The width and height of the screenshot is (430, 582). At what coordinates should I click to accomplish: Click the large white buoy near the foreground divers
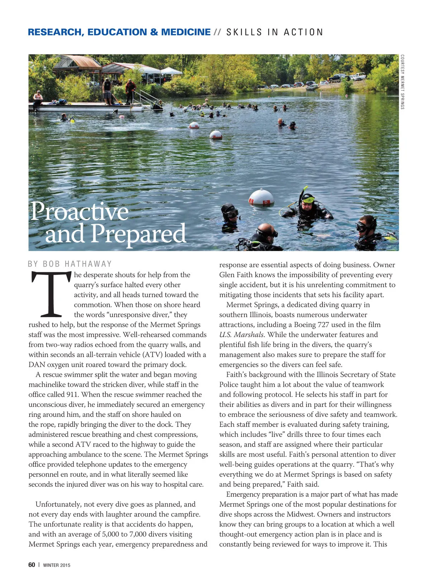262,197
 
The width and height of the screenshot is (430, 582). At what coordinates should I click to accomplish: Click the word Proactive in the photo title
80,212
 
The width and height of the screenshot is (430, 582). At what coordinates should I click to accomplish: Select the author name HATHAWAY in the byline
88,264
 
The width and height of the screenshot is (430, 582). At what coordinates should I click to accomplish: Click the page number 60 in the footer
32,565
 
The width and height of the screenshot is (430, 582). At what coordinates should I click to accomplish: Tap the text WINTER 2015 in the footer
57,565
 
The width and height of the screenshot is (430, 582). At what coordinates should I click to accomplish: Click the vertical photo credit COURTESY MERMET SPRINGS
402,82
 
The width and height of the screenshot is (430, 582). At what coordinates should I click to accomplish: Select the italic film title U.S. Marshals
242,335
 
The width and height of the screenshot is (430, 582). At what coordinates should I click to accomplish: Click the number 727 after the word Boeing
324,324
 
